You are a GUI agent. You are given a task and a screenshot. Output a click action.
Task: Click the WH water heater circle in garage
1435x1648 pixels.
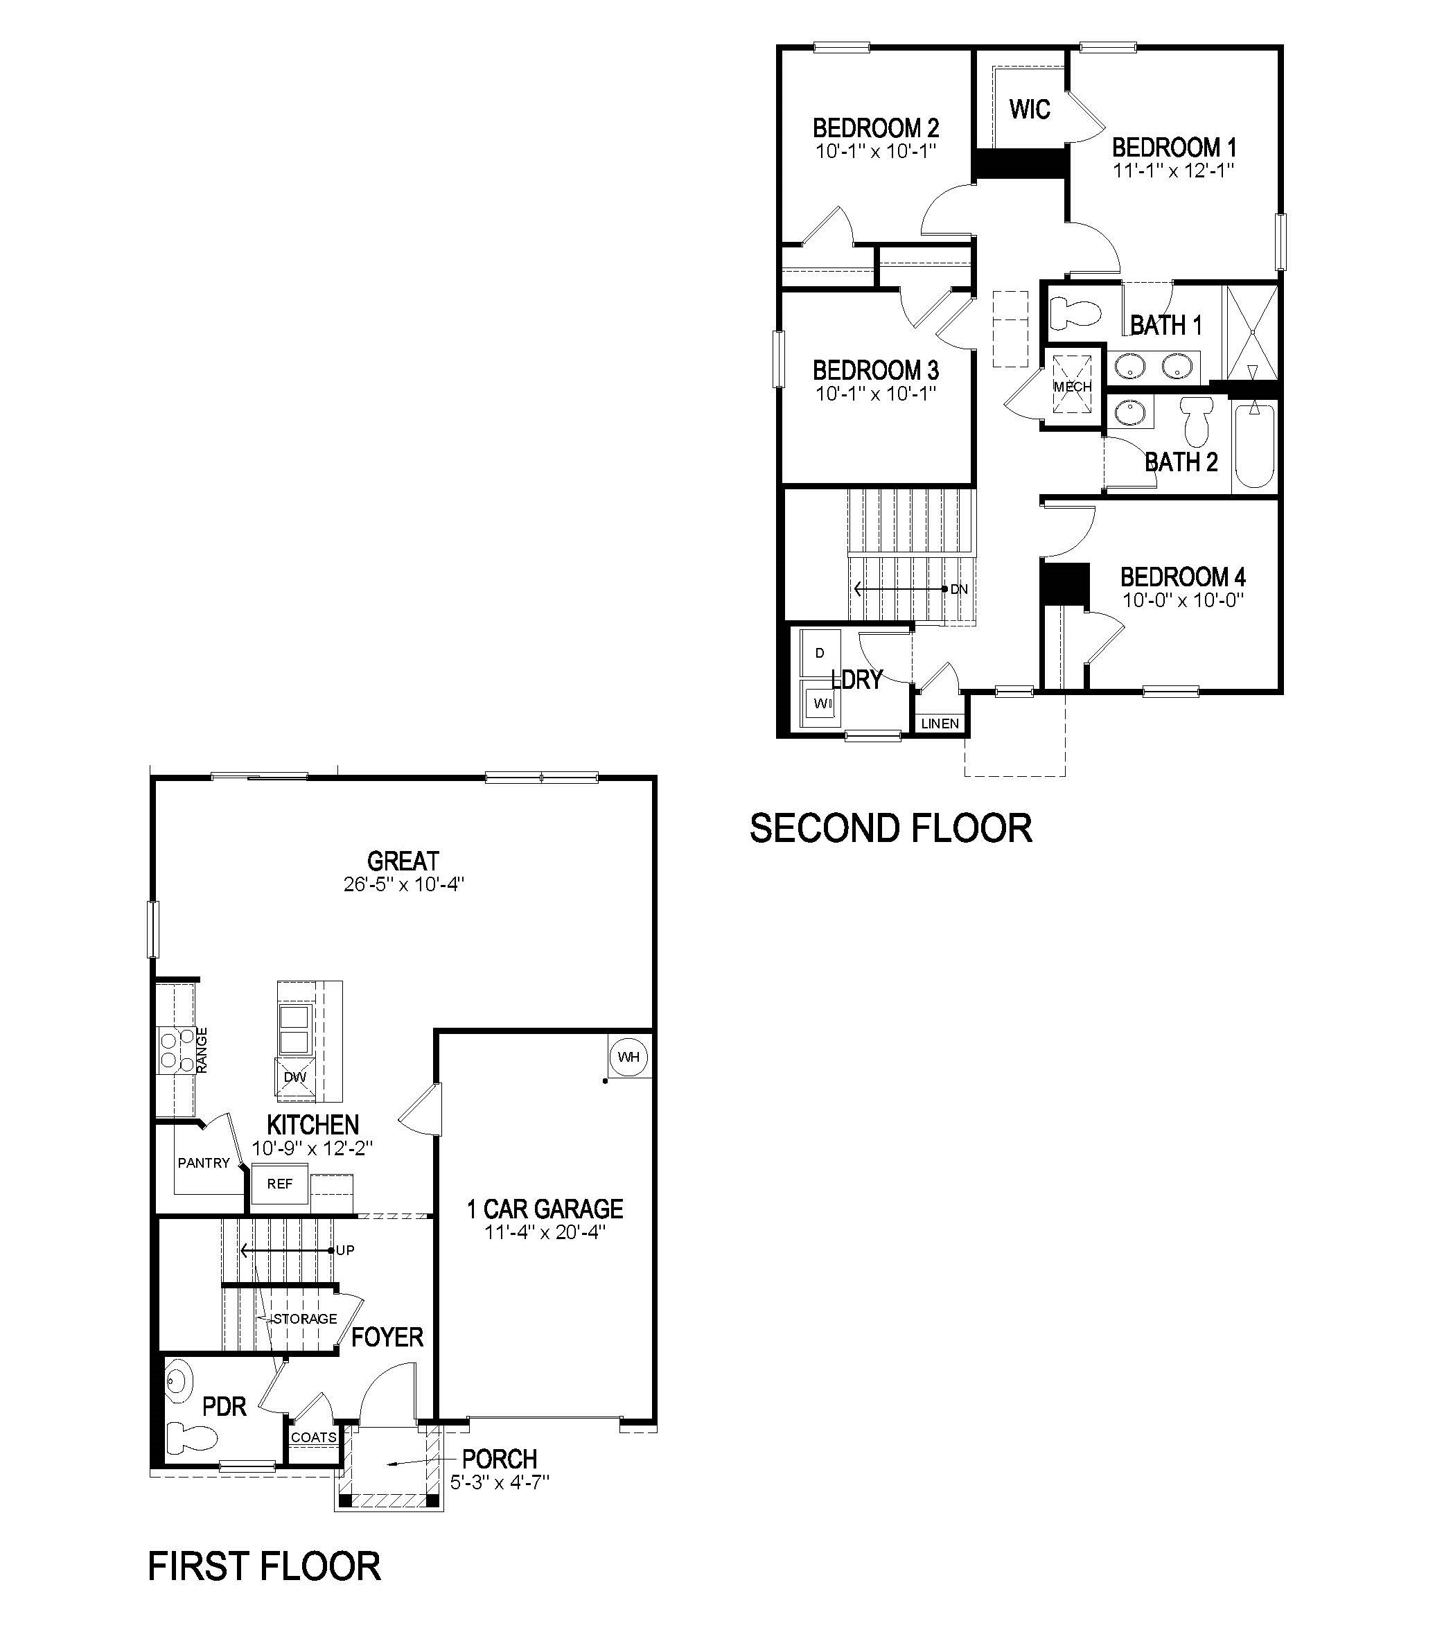pyautogui.click(x=628, y=1057)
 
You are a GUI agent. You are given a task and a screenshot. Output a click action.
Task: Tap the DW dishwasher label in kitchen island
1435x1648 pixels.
pyautogui.click(x=294, y=1077)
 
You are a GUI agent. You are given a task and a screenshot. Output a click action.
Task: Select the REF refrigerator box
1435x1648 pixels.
pyautogui.click(x=279, y=1184)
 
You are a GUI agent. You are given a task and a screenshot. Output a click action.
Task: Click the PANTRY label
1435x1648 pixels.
pyautogui.click(x=204, y=1163)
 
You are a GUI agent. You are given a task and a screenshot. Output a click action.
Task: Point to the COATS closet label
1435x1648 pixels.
pyautogui.click(x=313, y=1437)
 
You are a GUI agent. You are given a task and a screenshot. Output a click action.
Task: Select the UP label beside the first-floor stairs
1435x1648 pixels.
pyautogui.click(x=345, y=1250)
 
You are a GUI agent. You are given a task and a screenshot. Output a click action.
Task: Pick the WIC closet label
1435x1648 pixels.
pyautogui.click(x=1029, y=109)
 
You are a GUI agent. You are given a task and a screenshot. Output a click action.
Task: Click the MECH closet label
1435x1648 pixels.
pyautogui.click(x=1072, y=387)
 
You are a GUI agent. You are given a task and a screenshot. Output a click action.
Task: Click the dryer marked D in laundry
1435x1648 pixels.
pyautogui.click(x=820, y=653)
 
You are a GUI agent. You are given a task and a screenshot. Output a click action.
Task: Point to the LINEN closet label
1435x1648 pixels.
pyautogui.click(x=940, y=723)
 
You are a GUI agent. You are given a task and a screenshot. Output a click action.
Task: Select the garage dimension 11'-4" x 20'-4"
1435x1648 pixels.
pyautogui.click(x=545, y=1232)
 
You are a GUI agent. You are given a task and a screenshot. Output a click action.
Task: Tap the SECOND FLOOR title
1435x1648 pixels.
pyautogui.click(x=890, y=828)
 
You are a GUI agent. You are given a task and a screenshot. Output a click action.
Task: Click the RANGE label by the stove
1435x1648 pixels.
pyautogui.click(x=202, y=1050)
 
